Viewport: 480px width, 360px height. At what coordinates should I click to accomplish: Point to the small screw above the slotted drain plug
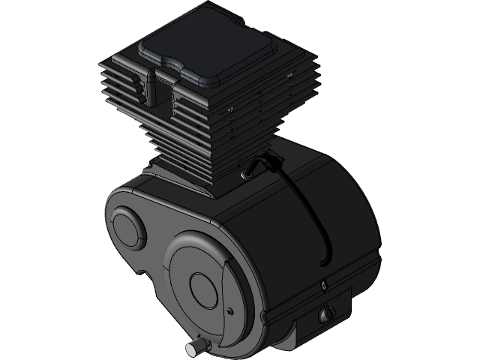pos(323,284)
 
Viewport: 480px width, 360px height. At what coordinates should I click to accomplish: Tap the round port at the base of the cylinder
pos(244,175)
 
